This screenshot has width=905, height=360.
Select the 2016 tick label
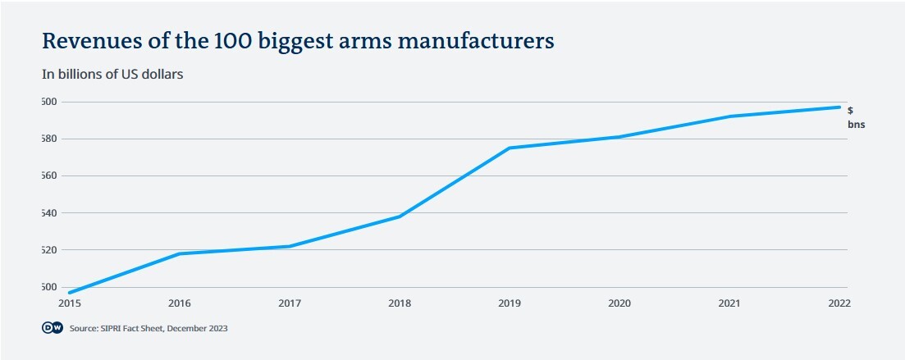tap(180, 303)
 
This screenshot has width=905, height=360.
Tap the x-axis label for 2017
tap(290, 303)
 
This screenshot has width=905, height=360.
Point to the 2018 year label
tap(400, 303)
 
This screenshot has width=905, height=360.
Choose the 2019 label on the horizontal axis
tap(510, 303)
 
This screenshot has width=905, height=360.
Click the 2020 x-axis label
tap(619, 303)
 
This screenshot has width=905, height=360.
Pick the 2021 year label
tap(729, 303)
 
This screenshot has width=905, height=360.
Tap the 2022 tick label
tap(839, 303)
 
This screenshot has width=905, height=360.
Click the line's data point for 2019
tap(510, 148)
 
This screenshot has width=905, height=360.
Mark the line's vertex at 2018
tap(400, 216)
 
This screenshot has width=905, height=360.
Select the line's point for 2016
tap(180, 253)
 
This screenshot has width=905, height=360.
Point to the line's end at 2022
tap(839, 107)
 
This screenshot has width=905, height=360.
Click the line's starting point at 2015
tap(70, 293)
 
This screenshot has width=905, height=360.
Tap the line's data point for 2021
tap(729, 116)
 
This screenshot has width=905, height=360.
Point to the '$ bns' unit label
tap(856, 117)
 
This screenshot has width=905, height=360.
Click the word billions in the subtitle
tap(80, 74)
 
